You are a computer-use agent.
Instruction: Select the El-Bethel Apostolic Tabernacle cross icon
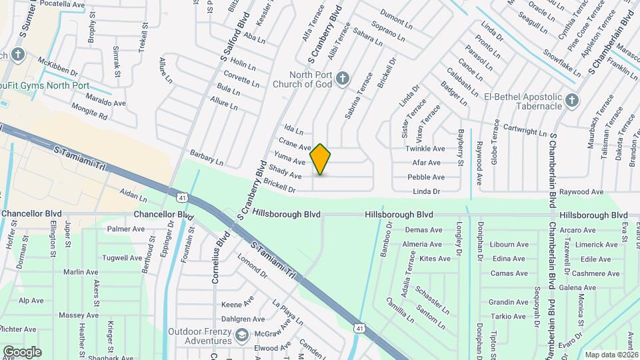coord(571,101)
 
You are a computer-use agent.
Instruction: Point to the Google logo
coord(22,351)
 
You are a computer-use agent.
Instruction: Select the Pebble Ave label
coord(426,177)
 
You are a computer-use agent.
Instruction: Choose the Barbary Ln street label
coord(206,158)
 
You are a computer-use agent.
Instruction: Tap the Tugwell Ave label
coord(121,258)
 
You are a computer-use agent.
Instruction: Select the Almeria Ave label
coord(422,245)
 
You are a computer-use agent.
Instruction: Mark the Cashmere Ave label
coord(587,273)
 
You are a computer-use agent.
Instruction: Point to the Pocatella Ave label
coord(63,4)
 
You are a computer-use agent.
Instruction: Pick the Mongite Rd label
coord(89,115)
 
